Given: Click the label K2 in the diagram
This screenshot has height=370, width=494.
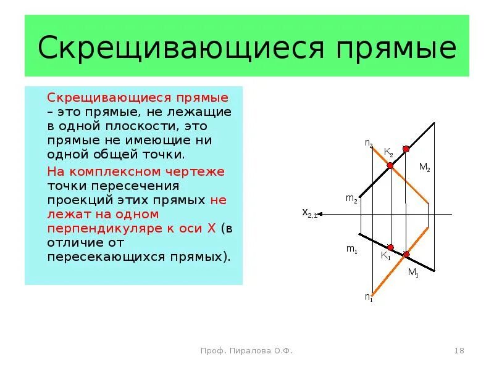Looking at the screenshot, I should [388, 152].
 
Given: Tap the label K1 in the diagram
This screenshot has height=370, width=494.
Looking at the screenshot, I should [385, 256].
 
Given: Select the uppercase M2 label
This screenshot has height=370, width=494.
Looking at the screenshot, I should [424, 166].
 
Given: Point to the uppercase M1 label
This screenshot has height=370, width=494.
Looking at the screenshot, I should [413, 273].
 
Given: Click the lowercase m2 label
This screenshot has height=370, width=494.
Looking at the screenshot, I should [351, 199].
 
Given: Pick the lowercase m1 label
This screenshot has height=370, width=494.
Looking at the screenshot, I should [351, 249].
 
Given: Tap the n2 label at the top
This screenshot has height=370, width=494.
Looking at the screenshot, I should [368, 144].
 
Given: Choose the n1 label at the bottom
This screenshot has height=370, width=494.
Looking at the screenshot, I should [368, 297].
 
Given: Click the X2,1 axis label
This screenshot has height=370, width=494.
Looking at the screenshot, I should [309, 213].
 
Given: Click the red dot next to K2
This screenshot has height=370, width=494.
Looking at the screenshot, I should [390, 165].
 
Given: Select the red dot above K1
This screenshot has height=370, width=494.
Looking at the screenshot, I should [390, 247].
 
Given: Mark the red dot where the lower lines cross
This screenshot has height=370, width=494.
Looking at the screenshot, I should [406, 254].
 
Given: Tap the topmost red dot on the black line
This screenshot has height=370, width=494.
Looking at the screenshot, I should [406, 149].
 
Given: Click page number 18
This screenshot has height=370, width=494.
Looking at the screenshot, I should [459, 351].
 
